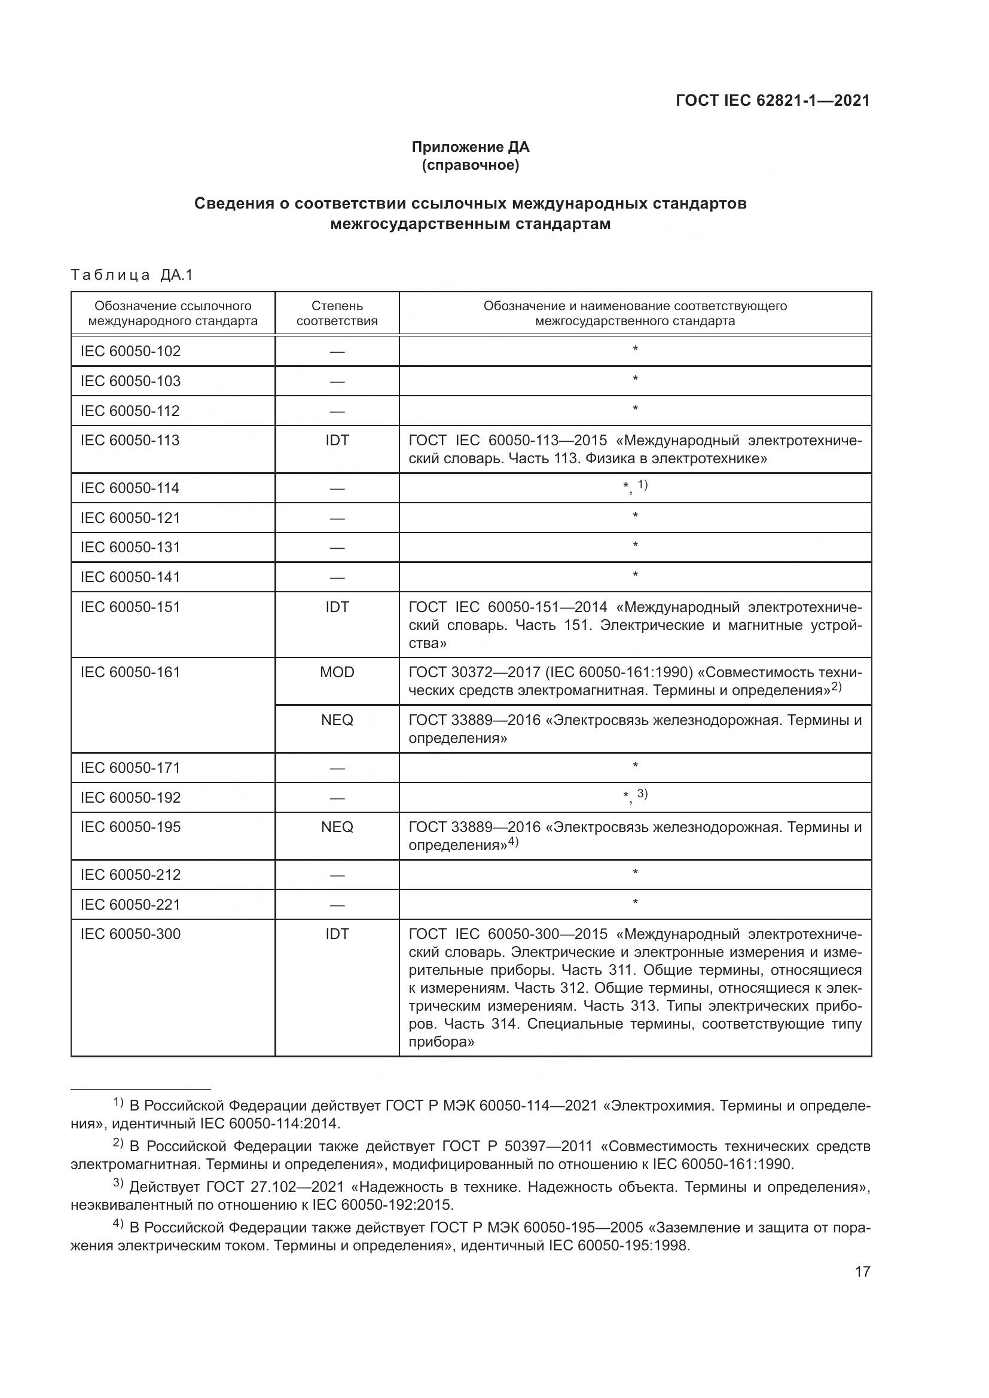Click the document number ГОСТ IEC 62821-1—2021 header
772,101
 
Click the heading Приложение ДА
470,147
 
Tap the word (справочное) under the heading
470,165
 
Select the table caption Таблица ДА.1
132,275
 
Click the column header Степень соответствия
337,313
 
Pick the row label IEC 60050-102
130,351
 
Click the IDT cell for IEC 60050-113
337,440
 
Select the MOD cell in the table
337,672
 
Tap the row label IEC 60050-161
130,672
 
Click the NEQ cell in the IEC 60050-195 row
337,827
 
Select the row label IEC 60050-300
130,934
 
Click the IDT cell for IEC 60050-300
337,934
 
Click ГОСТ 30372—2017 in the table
474,672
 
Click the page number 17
862,1271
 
